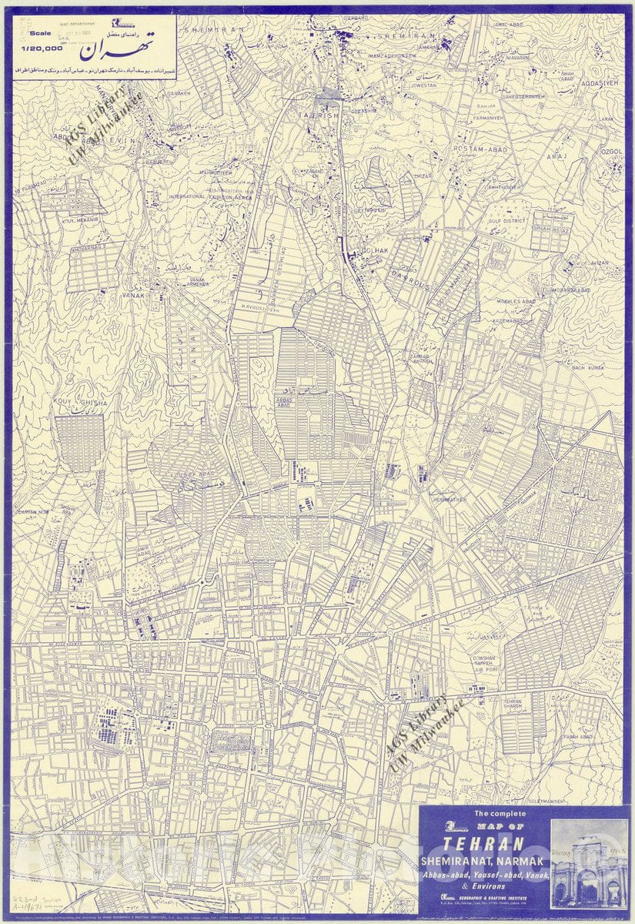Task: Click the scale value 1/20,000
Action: pyautogui.click(x=42, y=48)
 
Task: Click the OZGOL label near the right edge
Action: pyautogui.click(x=613, y=152)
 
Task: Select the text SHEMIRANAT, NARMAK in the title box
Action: pyautogui.click(x=483, y=860)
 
